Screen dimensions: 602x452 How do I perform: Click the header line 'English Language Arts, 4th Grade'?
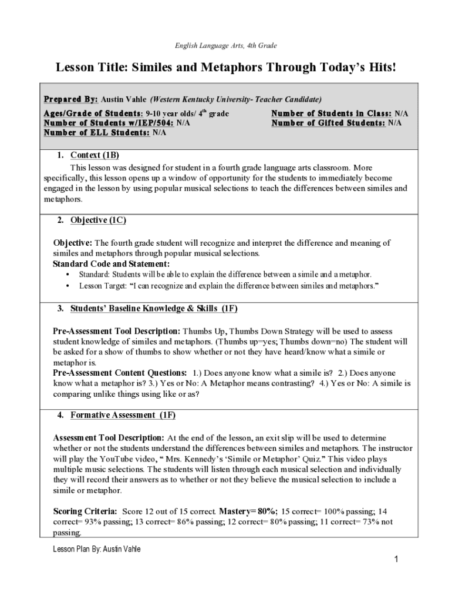(x=225, y=45)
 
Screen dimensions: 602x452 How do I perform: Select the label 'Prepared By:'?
(x=70, y=99)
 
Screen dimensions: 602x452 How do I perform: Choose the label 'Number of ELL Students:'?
(x=97, y=133)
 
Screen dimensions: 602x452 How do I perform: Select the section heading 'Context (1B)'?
(x=95, y=155)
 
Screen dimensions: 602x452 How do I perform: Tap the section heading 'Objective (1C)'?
(x=98, y=220)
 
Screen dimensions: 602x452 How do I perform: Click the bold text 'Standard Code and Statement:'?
(x=111, y=263)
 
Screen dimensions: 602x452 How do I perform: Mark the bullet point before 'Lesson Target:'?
(x=69, y=286)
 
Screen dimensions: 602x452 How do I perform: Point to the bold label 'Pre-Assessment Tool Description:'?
(x=117, y=331)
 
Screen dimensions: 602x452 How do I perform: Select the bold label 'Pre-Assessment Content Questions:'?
(x=120, y=373)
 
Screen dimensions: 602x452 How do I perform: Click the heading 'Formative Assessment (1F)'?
(x=123, y=415)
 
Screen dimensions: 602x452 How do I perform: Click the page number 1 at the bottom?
(x=396, y=559)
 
